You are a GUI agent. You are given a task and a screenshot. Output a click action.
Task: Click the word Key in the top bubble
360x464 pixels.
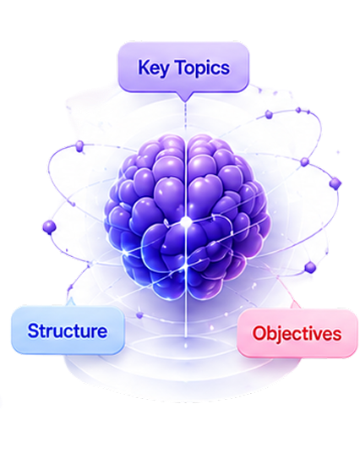(x=154, y=68)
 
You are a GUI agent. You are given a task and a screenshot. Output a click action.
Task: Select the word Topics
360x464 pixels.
(x=203, y=68)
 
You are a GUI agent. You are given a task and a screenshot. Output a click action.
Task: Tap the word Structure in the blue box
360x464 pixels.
(x=68, y=330)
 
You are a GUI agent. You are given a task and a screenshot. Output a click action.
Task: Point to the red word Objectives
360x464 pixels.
(x=297, y=334)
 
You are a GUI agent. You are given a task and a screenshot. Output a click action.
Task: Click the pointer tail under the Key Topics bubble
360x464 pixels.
(x=185, y=96)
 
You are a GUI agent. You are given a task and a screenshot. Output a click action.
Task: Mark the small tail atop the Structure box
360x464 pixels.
(x=71, y=303)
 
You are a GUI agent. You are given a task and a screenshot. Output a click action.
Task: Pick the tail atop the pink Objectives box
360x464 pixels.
(x=295, y=305)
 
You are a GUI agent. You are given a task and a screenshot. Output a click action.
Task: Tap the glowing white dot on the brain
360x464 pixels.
(x=185, y=221)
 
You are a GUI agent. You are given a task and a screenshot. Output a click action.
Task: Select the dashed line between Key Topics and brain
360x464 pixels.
(x=185, y=117)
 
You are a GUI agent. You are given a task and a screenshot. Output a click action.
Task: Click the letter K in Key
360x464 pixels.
(x=143, y=67)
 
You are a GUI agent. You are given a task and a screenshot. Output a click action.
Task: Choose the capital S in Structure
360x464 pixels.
(x=33, y=330)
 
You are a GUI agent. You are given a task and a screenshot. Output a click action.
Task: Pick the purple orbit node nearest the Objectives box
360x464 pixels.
(x=310, y=268)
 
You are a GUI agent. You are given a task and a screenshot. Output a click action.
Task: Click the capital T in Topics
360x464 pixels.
(x=181, y=67)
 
